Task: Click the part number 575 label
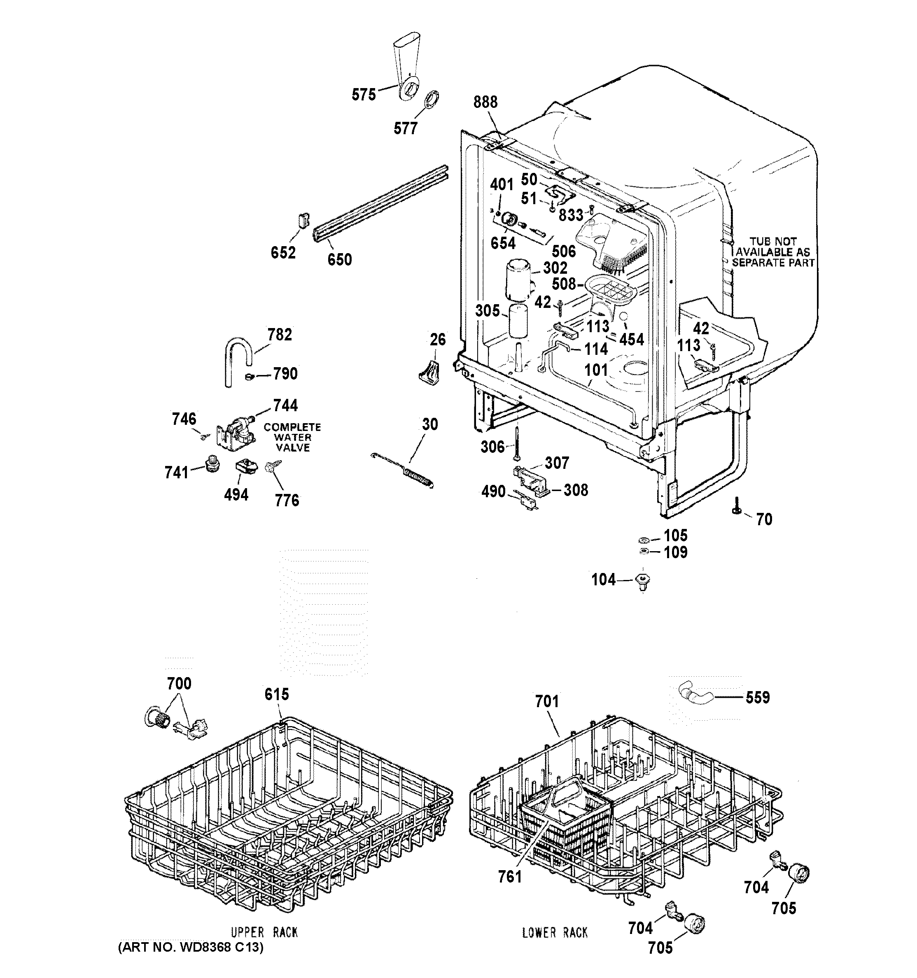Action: tap(363, 94)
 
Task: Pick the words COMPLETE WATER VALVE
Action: tap(292, 438)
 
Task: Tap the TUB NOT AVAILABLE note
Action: tap(772, 252)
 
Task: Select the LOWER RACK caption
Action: tap(555, 932)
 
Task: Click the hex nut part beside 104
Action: tap(643, 580)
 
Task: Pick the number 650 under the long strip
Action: tap(340, 259)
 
